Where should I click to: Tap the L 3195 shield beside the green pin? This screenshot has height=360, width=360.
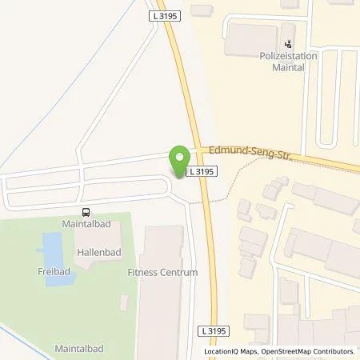coord(199,171)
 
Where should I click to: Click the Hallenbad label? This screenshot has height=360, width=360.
coord(98,250)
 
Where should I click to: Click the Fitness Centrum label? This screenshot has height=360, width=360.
coord(162,272)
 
